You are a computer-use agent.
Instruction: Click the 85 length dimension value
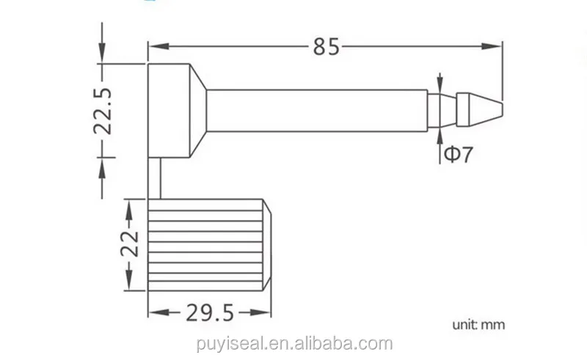coord(327,47)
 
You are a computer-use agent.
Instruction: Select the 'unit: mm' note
coord(478,323)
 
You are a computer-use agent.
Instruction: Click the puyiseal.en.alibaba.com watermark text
coord(293,343)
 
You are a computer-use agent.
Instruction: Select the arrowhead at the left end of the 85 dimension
coord(156,47)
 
